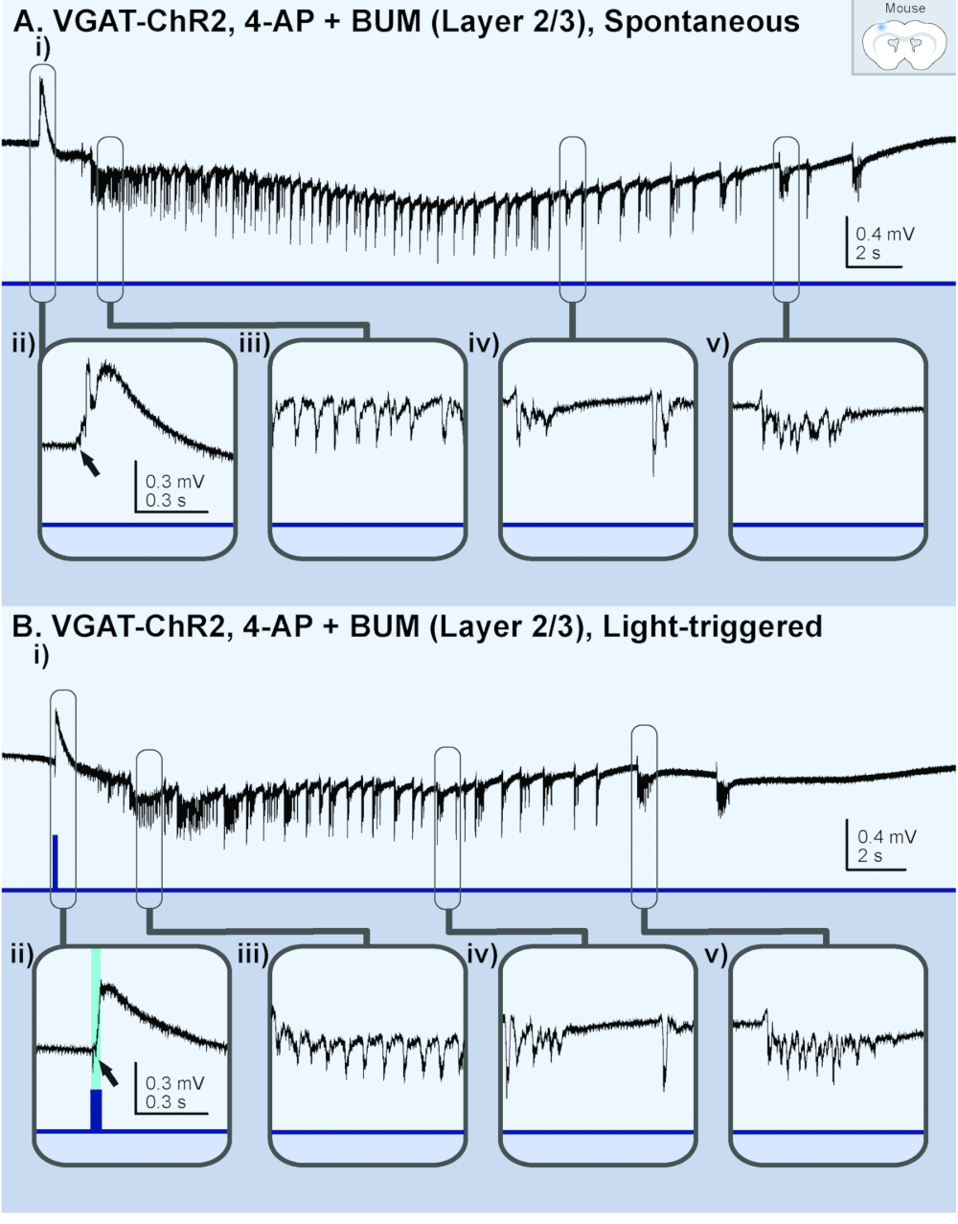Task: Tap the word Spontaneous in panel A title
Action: [x=701, y=22]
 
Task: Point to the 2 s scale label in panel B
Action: [x=870, y=855]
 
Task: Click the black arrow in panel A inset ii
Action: [x=89, y=464]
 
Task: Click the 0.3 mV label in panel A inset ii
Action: [x=174, y=481]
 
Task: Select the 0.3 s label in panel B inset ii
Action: [x=166, y=1102]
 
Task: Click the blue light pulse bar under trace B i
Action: [x=56, y=862]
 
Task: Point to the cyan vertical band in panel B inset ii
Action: [x=96, y=1015]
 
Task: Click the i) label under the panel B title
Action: [x=40, y=656]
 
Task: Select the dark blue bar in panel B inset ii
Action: [x=96, y=1111]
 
